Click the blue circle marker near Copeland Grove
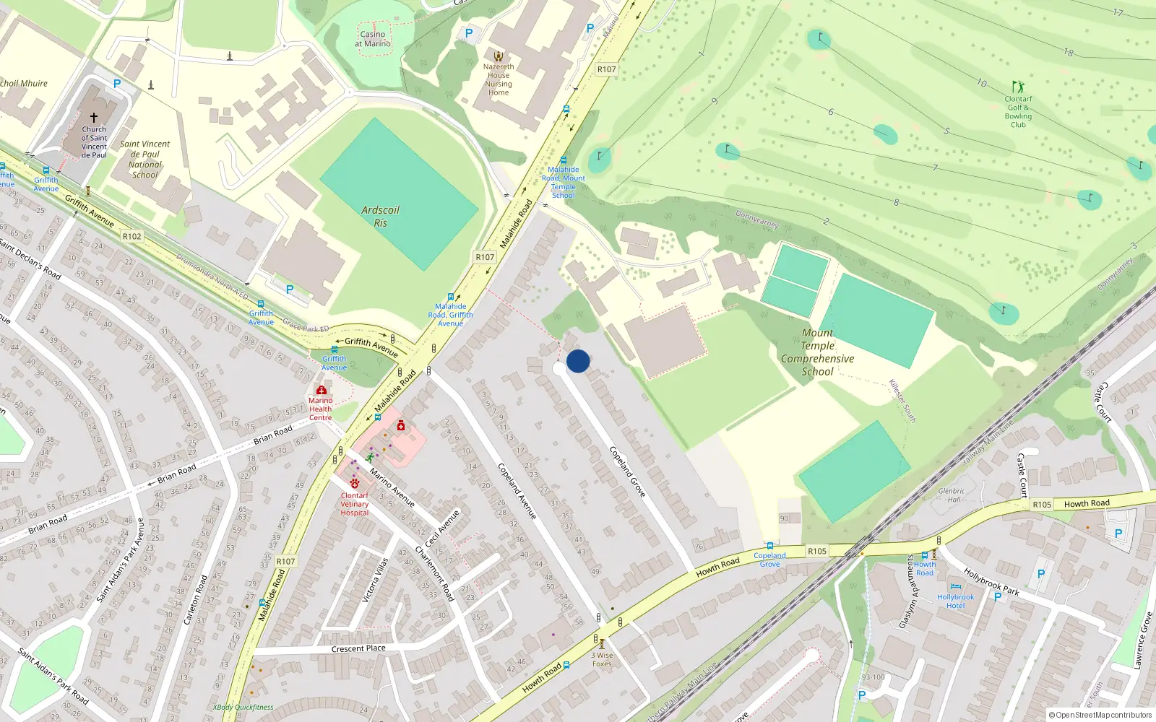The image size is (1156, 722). click(x=578, y=361)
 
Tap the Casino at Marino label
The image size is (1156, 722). click(x=373, y=39)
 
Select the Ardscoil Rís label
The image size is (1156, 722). click(x=380, y=216)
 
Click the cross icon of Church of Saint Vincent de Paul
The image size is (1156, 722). click(x=94, y=117)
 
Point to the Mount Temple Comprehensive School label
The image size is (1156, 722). click(x=817, y=352)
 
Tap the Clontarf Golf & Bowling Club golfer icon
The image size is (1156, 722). click(x=1018, y=87)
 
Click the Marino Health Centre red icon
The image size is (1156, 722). click(x=322, y=390)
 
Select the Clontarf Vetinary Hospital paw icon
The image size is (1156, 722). click(x=355, y=483)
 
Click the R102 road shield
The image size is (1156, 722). click(x=132, y=236)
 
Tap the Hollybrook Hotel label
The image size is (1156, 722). click(x=955, y=601)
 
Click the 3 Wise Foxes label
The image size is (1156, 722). click(x=602, y=660)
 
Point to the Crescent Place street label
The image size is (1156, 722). click(x=358, y=648)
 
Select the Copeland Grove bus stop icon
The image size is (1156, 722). click(x=770, y=547)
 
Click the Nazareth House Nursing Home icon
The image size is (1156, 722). click(x=499, y=56)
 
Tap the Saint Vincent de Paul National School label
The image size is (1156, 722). click(x=145, y=159)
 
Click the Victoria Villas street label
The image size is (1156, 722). click(x=375, y=580)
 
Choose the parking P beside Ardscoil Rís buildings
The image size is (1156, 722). click(x=290, y=290)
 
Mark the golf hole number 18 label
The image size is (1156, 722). click(x=1069, y=52)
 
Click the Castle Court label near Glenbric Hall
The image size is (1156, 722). click(x=1022, y=475)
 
